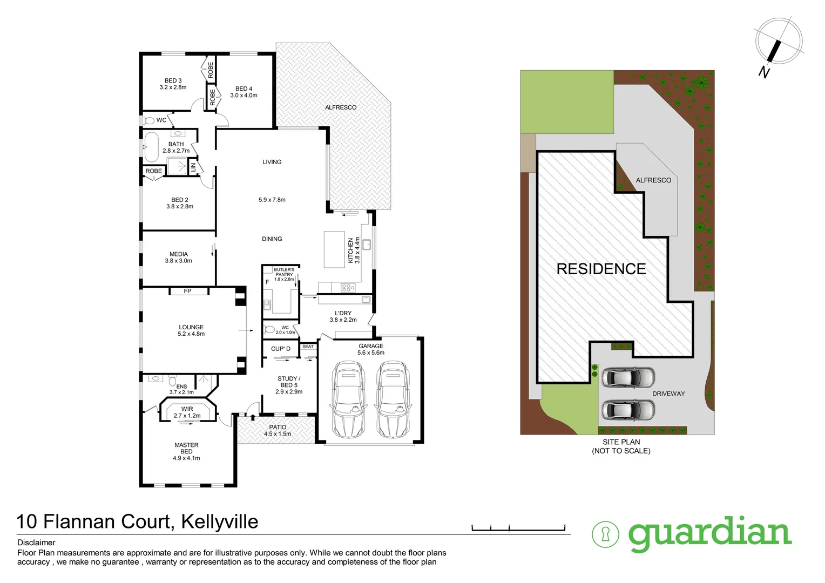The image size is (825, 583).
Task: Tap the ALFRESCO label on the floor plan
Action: click(x=341, y=107)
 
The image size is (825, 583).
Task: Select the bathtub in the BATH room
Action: click(x=151, y=147)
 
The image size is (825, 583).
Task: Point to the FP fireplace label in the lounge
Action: click(x=187, y=291)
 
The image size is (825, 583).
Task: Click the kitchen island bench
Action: click(x=334, y=249)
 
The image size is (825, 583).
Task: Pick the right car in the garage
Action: click(x=393, y=399)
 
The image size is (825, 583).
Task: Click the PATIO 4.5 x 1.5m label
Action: click(x=278, y=430)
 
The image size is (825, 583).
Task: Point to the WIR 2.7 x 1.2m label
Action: click(x=187, y=412)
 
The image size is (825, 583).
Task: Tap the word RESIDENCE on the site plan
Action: click(x=601, y=269)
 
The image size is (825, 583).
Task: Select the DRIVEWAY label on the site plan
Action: click(x=668, y=394)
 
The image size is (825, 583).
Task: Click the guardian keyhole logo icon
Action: click(x=605, y=534)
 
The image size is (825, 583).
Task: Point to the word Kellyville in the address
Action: click(x=220, y=521)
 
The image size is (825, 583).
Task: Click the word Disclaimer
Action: click(x=36, y=543)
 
